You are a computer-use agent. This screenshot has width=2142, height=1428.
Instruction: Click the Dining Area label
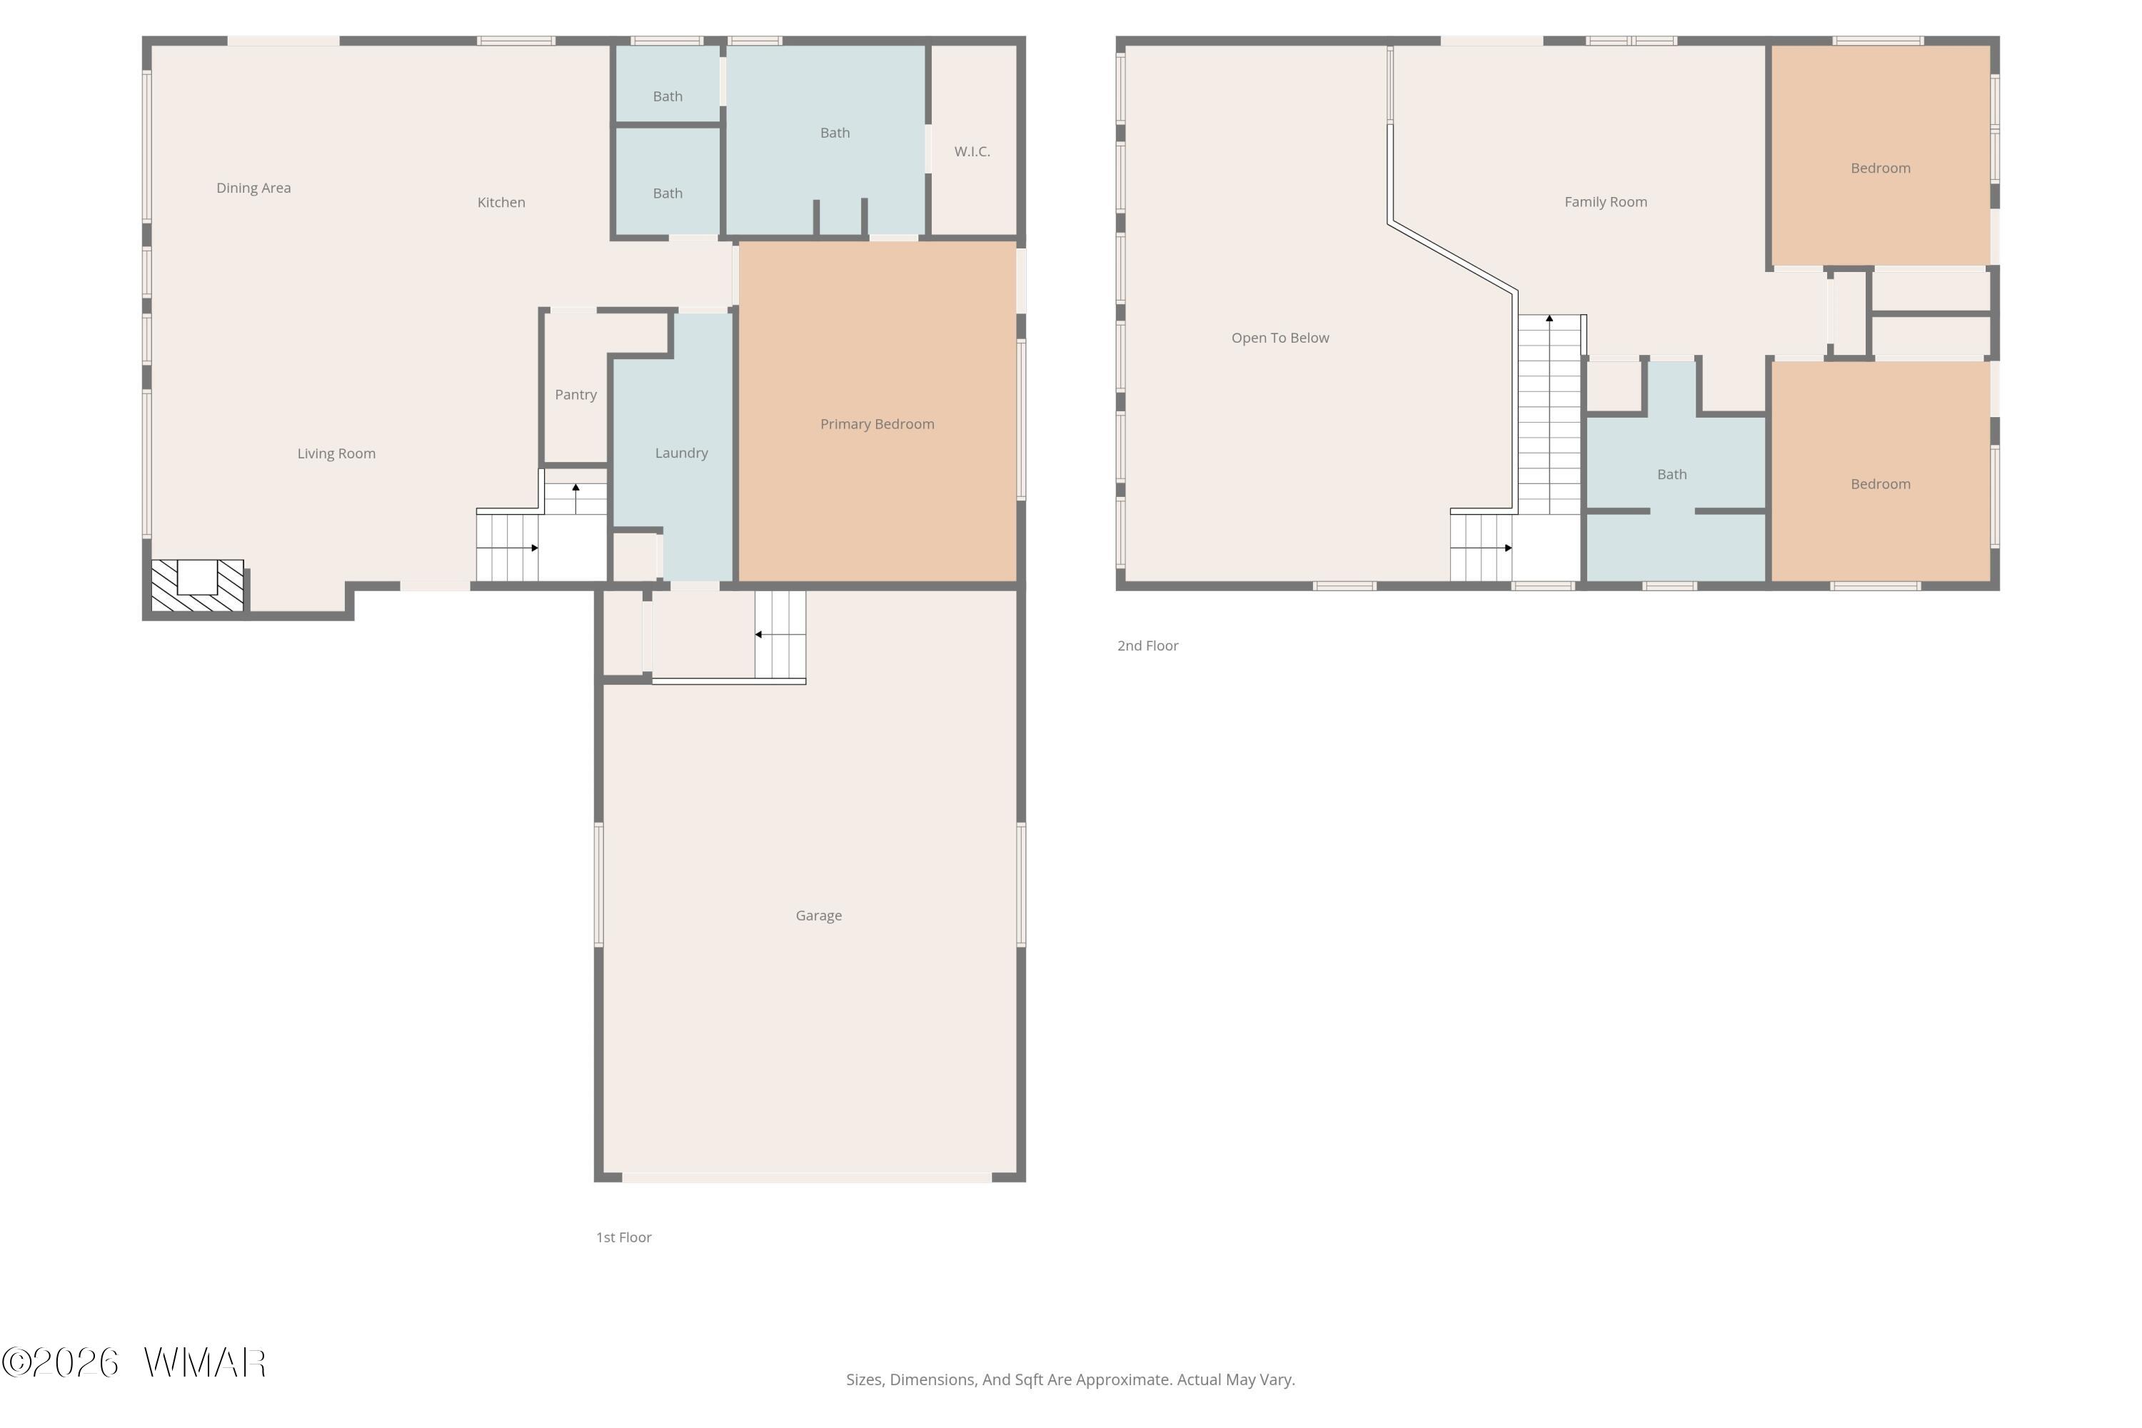click(x=253, y=188)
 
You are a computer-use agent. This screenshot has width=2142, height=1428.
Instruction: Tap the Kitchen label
click(x=501, y=202)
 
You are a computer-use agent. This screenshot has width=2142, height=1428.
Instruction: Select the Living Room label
click(x=336, y=453)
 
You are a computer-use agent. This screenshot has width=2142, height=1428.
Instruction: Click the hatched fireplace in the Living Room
click(x=198, y=585)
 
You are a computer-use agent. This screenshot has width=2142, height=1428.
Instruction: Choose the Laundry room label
click(x=681, y=453)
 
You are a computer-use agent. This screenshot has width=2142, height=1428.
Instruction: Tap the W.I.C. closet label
click(x=972, y=151)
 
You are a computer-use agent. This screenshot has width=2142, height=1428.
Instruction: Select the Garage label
click(x=819, y=915)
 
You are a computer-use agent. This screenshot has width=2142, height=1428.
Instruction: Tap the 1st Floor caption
click(x=624, y=1237)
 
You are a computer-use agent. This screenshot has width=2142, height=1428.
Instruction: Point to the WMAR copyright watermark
click(x=134, y=1362)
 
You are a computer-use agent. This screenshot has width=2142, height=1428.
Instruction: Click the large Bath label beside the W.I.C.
click(x=835, y=133)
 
